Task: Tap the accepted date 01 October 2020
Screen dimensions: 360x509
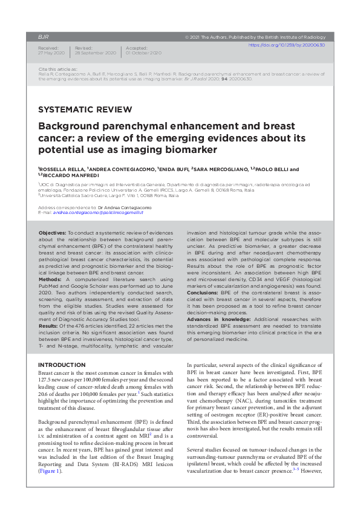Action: click(x=143, y=53)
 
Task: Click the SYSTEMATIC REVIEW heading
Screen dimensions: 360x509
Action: click(x=85, y=109)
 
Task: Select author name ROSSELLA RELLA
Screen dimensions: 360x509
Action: click(x=61, y=170)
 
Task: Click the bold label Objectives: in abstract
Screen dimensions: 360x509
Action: click(x=53, y=233)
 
